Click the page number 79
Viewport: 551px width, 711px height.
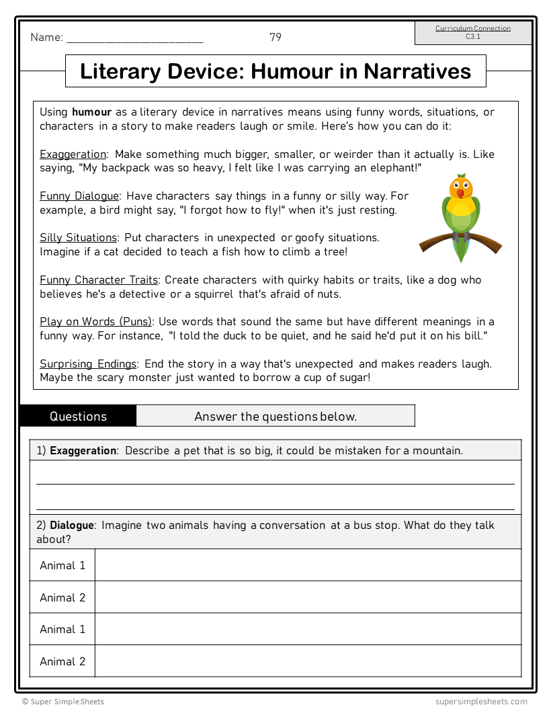point(275,37)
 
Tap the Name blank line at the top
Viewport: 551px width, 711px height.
point(134,39)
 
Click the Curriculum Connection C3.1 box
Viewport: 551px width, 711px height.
point(473,33)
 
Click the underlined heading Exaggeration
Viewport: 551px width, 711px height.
point(73,155)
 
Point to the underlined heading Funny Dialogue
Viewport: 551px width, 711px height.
point(79,196)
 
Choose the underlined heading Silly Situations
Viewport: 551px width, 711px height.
point(78,238)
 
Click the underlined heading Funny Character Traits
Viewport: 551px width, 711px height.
point(99,280)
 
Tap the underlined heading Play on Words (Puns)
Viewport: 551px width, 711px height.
point(95,322)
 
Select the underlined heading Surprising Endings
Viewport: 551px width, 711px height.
point(88,364)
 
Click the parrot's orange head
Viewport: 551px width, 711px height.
point(461,187)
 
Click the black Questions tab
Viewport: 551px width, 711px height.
point(78,416)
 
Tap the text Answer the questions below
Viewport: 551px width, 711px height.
point(275,417)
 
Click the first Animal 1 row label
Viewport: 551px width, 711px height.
point(62,565)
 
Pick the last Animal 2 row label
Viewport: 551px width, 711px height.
point(62,661)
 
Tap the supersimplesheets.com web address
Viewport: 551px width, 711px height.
point(480,702)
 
